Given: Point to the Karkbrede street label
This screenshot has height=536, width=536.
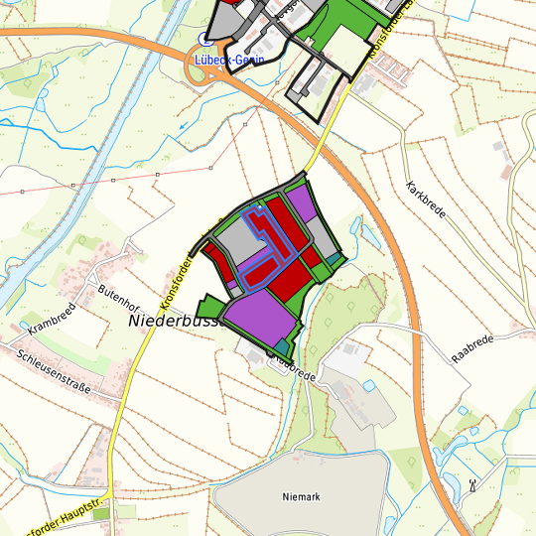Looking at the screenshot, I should pyautogui.click(x=426, y=202).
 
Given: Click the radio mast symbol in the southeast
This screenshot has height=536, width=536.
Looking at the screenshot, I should pyautogui.click(x=472, y=486).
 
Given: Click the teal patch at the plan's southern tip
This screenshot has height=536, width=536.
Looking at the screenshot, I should pyautogui.click(x=283, y=346).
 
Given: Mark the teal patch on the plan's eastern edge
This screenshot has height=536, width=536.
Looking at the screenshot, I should pyautogui.click(x=335, y=260).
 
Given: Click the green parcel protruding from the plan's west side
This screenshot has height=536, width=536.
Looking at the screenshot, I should pyautogui.click(x=209, y=307).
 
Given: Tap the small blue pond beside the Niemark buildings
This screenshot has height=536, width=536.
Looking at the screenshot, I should pyautogui.click(x=369, y=384).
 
